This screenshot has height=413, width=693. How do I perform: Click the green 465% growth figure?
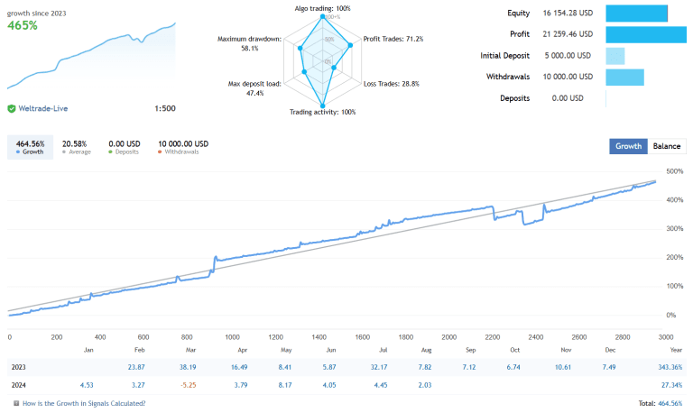tap(23, 26)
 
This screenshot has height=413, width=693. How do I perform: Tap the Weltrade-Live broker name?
tap(42, 109)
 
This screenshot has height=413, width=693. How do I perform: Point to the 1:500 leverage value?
tap(165, 109)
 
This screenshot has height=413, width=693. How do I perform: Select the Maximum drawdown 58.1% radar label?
tap(250, 43)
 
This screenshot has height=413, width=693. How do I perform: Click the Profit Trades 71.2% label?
tap(393, 39)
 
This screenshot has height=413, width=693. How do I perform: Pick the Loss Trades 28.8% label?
tap(391, 83)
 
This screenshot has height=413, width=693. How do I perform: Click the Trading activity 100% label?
tap(322, 113)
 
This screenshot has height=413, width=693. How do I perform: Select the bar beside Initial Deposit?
tap(614, 56)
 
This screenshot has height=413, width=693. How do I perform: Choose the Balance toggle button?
tap(667, 146)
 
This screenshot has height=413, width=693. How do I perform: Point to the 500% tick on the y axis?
tap(673, 171)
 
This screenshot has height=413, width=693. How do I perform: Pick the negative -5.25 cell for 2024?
tap(189, 386)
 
